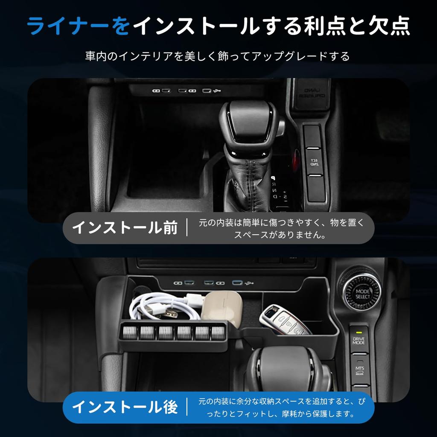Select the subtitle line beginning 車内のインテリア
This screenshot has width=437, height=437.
218,56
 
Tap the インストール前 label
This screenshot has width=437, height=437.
125,227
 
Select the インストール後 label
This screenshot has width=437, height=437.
125,407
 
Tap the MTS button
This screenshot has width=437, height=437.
359,370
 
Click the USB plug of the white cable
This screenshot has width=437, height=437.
171,313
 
